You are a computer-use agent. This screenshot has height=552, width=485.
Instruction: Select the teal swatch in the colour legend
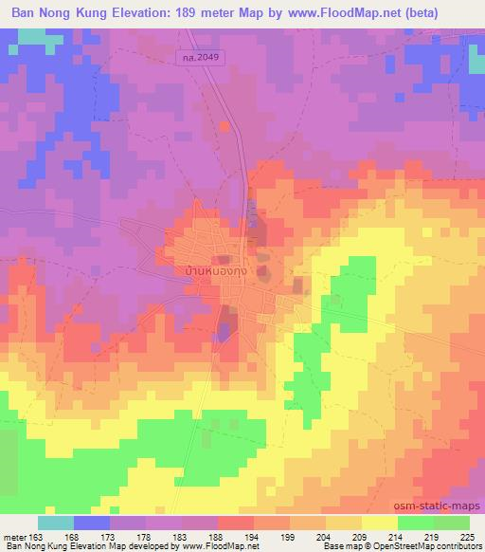(x=56, y=523)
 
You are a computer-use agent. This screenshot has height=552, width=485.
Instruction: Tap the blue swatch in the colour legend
(x=92, y=523)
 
